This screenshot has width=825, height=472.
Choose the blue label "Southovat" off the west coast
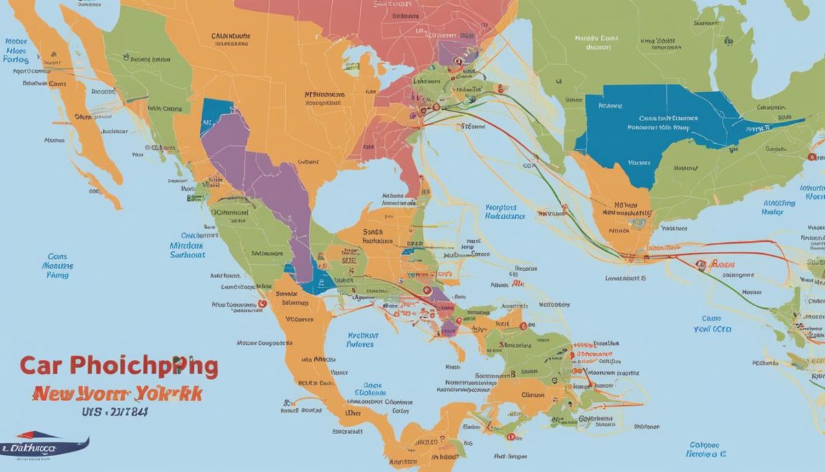187,254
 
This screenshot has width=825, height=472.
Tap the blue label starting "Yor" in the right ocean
712,329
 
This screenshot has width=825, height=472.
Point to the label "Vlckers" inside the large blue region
639,163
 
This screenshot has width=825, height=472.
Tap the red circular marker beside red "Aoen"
699,264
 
